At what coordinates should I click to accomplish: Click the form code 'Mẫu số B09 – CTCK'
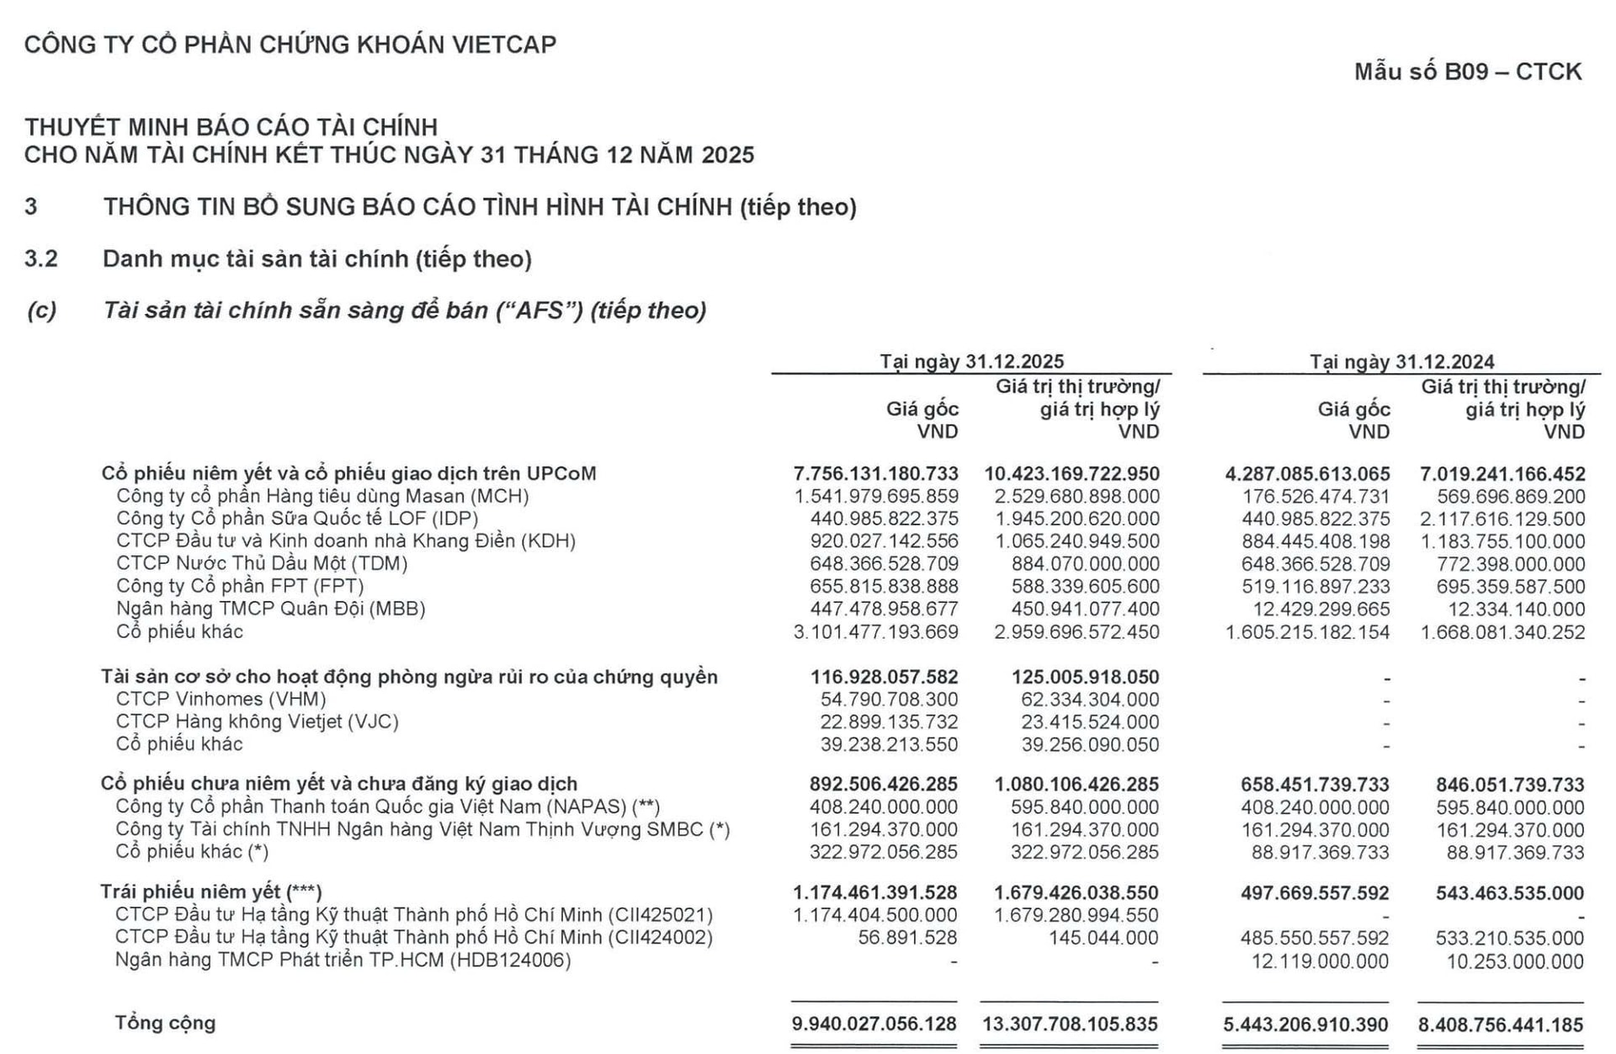click(x=1467, y=72)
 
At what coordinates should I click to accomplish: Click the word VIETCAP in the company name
click(x=502, y=45)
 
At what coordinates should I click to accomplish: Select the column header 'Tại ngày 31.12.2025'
click(x=971, y=361)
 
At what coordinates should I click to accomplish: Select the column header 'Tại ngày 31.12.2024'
click(x=1401, y=361)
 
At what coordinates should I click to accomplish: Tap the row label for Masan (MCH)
click(x=322, y=496)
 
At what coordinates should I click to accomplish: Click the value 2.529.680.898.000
click(x=1076, y=497)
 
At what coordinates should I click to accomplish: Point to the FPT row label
click(x=240, y=586)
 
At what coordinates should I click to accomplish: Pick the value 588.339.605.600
click(x=1076, y=587)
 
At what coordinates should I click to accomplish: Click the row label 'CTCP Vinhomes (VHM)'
click(x=221, y=699)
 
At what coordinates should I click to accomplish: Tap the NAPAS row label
click(x=387, y=806)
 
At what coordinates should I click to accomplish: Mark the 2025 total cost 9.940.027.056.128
click(x=874, y=1024)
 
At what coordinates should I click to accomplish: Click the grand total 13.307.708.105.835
click(x=1070, y=1024)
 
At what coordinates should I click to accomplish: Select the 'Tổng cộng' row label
click(x=166, y=1023)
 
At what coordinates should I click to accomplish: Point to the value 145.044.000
click(x=1103, y=938)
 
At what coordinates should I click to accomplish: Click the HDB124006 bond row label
click(x=343, y=961)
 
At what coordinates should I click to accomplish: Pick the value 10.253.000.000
click(x=1515, y=961)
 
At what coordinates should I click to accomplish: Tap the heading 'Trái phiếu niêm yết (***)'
click(x=211, y=892)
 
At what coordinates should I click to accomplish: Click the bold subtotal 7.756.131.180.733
click(x=875, y=474)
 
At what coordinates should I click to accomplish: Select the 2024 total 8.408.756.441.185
click(x=1501, y=1025)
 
